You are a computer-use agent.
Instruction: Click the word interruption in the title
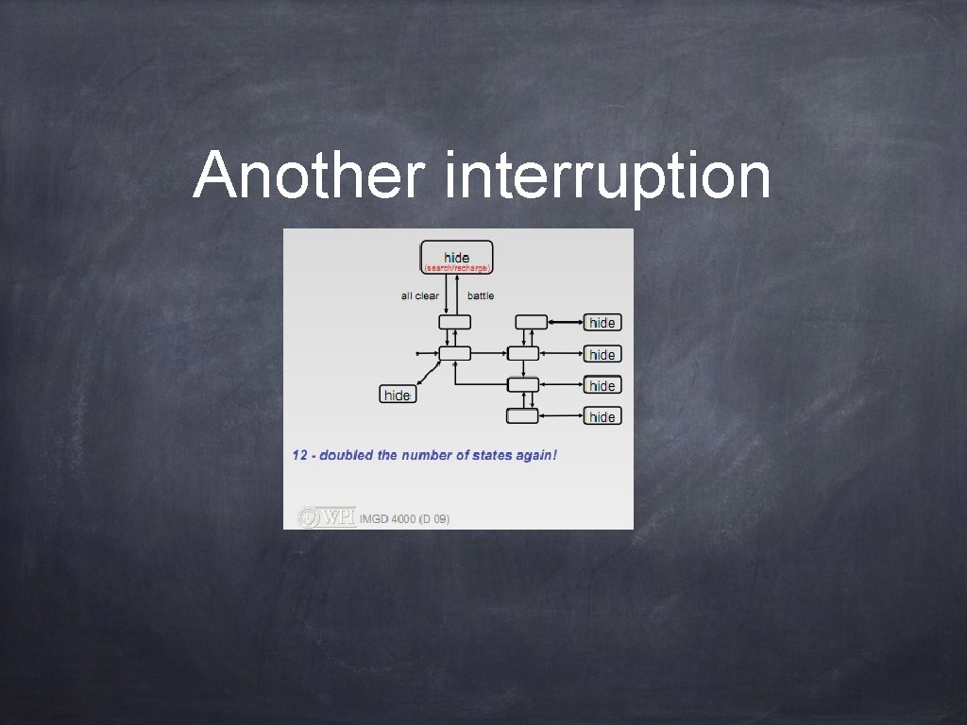[606, 177]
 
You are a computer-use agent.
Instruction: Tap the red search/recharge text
[457, 267]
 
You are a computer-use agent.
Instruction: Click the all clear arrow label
[419, 296]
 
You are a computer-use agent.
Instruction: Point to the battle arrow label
[481, 296]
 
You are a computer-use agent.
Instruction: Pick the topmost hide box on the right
[602, 323]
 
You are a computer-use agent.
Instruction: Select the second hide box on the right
[602, 355]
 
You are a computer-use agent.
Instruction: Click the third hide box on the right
[602, 385]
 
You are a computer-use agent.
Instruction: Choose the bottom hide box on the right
[602, 416]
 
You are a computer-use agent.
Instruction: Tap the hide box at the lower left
[398, 395]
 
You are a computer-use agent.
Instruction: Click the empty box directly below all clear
[454, 322]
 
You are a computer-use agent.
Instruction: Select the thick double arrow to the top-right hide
[565, 323]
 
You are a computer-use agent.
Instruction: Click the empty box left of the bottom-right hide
[522, 415]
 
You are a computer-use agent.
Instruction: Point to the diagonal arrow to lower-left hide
[431, 373]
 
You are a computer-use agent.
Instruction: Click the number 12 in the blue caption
[300, 456]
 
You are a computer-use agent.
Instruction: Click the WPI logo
[327, 517]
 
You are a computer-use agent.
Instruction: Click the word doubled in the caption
[347, 456]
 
